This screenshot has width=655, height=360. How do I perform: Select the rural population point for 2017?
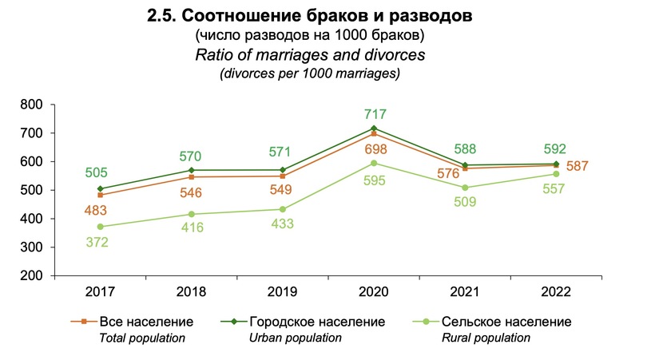100,227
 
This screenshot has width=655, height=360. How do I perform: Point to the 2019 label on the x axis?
283,291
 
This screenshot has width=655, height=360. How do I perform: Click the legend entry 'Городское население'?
317,322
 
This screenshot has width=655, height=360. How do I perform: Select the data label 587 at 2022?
579,166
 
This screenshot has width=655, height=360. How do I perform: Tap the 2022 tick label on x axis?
557,291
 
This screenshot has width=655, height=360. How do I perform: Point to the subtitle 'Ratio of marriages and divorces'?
308,55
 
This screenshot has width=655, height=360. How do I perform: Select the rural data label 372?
100,243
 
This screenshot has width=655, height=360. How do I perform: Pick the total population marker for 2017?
100,195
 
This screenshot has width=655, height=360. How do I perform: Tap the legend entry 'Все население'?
146,322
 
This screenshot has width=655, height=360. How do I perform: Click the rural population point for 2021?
465,188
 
